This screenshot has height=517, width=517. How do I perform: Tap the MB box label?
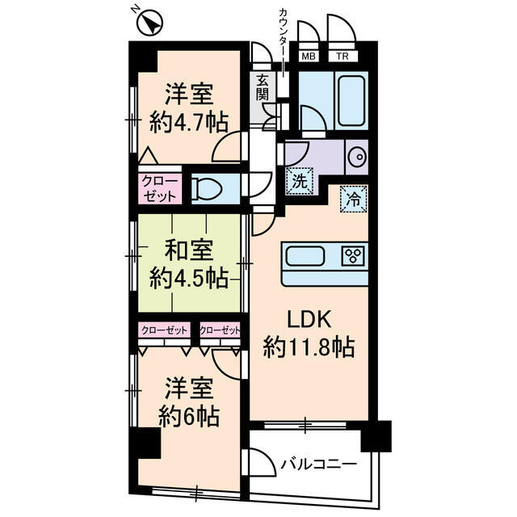coord(309,57)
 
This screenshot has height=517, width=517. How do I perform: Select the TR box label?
coord(342,57)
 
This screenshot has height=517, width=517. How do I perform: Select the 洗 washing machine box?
coord(299,181)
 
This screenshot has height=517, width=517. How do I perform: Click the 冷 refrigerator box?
coord(355,196)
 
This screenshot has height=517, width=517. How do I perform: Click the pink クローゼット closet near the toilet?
coord(153,188)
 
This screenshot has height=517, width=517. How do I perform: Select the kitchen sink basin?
coord(304,257)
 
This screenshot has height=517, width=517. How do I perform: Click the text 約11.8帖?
coord(309,348)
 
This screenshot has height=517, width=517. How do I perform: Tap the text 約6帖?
coord(190,418)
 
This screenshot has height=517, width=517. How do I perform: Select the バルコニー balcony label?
coord(319,464)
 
